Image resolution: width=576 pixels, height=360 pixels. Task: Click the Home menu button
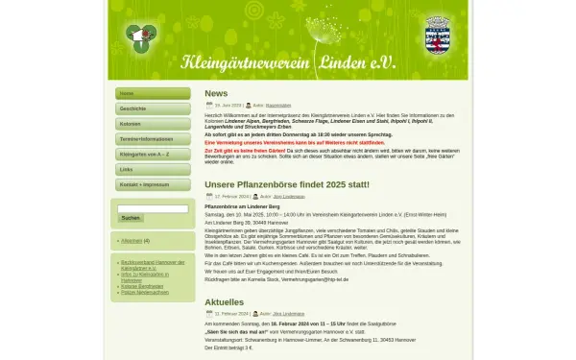click(153, 94)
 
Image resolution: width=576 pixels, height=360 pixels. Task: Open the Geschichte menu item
click(153, 109)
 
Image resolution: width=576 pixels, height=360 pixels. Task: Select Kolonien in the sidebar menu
click(153, 124)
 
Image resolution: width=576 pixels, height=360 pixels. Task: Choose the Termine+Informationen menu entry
click(153, 139)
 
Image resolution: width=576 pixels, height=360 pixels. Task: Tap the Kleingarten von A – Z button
click(153, 154)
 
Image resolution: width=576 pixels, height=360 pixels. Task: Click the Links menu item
click(153, 169)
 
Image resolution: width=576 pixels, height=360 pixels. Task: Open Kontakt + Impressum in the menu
click(153, 184)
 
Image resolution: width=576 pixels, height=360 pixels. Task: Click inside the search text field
click(153, 208)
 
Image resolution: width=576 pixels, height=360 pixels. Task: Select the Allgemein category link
click(132, 241)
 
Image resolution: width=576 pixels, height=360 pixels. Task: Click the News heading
click(216, 93)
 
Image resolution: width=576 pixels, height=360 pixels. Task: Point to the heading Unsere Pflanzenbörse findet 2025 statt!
click(286, 184)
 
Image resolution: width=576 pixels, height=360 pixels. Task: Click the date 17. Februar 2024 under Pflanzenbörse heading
click(232, 195)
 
